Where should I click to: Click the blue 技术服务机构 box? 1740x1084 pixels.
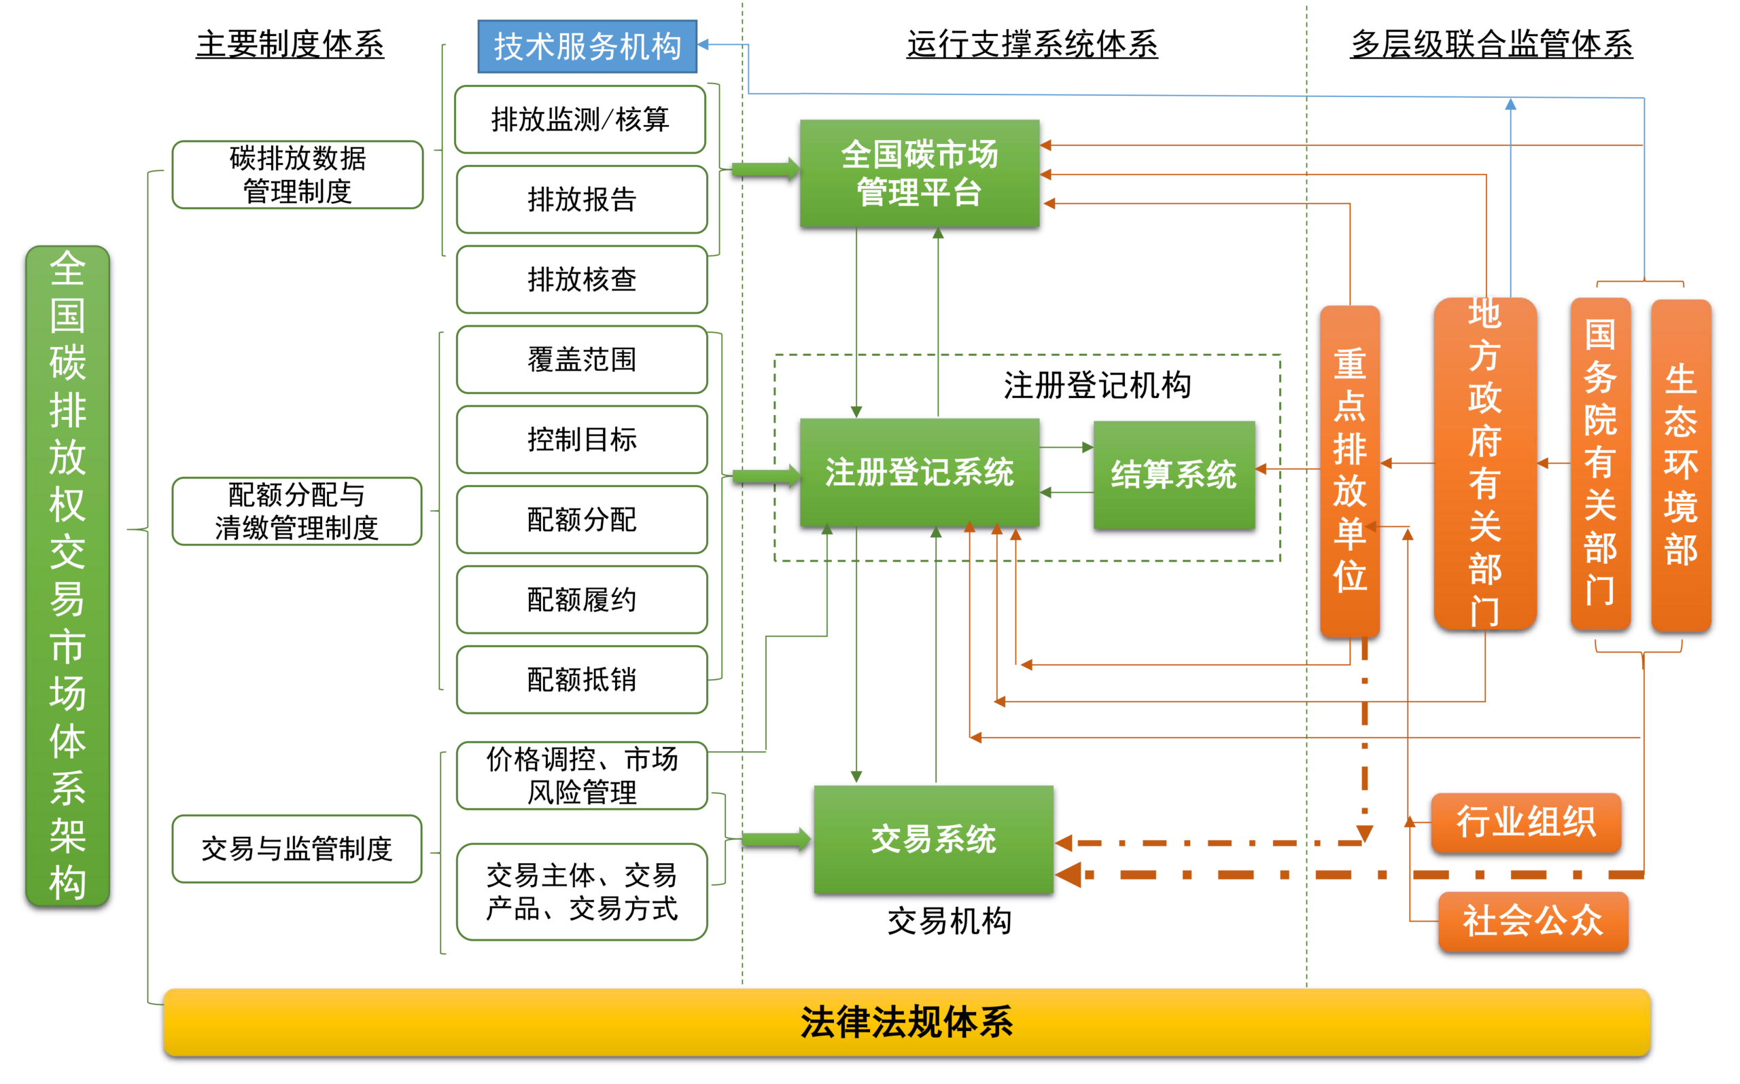click(x=587, y=47)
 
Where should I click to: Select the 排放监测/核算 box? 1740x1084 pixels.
click(x=580, y=119)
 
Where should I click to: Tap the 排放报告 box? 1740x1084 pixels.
click(x=582, y=199)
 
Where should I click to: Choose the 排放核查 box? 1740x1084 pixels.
click(x=582, y=280)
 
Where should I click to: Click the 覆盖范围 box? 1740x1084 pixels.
click(x=582, y=359)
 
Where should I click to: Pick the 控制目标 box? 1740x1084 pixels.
click(x=582, y=439)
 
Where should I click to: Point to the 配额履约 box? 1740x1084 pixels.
click(x=582, y=599)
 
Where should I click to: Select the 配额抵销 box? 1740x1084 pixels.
click(x=582, y=680)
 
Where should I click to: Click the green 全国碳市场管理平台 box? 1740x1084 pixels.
click(x=920, y=173)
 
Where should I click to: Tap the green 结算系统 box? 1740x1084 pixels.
click(x=1174, y=475)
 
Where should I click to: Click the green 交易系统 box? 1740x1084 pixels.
click(x=933, y=839)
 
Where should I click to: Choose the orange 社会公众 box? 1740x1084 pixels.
click(x=1533, y=921)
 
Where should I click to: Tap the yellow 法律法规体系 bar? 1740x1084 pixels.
click(x=907, y=1022)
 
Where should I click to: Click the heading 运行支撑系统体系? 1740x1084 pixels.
click(x=1032, y=44)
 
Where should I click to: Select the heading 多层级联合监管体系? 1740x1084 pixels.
click(x=1491, y=44)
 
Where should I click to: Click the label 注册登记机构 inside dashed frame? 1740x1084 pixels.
click(x=1098, y=386)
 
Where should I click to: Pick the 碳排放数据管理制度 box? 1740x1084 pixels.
click(x=298, y=174)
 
